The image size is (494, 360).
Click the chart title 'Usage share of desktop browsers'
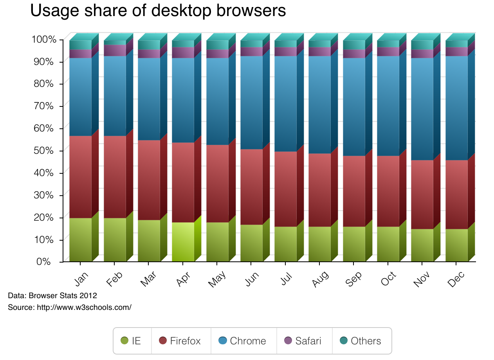pos(158,11)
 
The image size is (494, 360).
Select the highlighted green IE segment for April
pos(183,242)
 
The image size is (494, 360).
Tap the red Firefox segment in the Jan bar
pos(80,177)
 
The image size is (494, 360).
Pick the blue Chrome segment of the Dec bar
pos(456,108)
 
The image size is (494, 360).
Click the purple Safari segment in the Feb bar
pos(115,50)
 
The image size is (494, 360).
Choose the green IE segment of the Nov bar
pos(422,245)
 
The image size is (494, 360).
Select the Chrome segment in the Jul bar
pos(285,104)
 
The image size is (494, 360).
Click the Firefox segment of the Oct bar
pos(388,191)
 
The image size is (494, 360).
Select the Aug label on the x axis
pos(320,279)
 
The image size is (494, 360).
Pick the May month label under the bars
pos(217,279)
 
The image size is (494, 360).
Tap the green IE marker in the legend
pos(124,341)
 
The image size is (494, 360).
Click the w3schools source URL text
pos(84,308)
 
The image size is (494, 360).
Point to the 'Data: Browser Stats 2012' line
pos(52,295)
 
